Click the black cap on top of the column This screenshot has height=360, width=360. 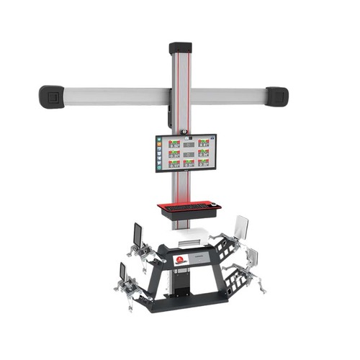(x=180, y=49)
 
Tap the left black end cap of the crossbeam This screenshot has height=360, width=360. (x=51, y=96)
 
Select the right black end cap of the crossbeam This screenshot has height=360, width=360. (x=276, y=96)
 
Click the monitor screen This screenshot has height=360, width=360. (x=184, y=153)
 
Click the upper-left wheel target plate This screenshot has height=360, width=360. (x=137, y=234)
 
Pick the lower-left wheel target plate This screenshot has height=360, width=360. (x=122, y=272)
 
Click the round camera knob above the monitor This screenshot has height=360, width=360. (x=184, y=132)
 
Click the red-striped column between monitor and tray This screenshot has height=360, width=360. (x=180, y=187)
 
